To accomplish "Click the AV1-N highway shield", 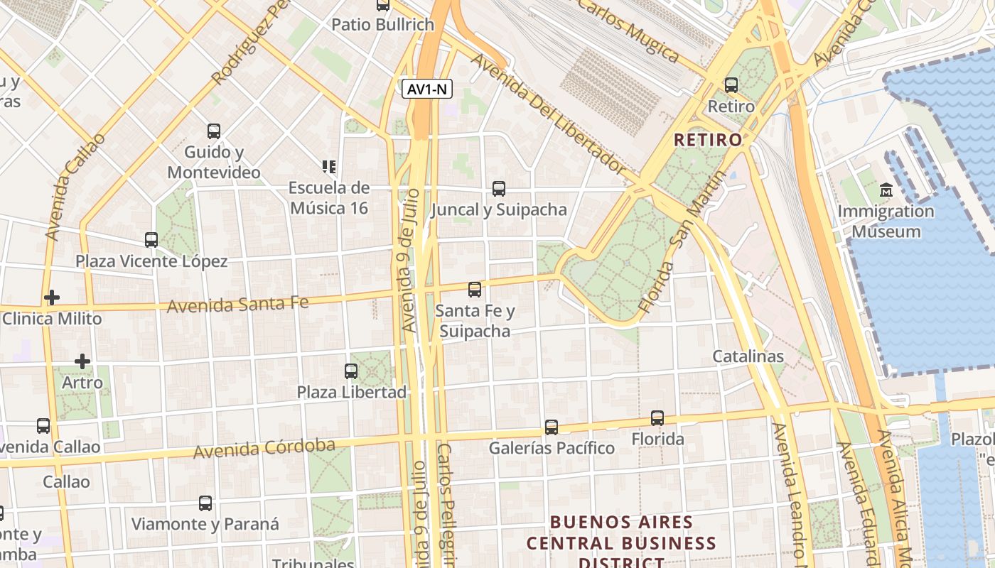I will point(427,89).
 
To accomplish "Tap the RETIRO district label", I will point(708,139).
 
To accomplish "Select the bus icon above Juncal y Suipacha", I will point(499,189).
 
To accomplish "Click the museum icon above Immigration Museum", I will point(886,190).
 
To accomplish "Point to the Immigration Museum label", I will point(886,222).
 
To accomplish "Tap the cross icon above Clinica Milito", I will point(51,297).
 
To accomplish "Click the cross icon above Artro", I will point(82,361).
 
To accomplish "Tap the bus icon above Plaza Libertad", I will point(351,371).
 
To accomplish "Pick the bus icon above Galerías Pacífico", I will point(552,427).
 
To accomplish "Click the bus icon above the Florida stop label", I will point(657,418).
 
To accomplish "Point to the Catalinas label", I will point(748,356).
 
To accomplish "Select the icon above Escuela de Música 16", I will point(328,167).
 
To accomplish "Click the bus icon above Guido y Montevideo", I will point(214,131).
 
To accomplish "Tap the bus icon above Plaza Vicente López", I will point(151,240).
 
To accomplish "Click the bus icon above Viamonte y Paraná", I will point(205,503).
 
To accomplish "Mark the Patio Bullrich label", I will point(383,25).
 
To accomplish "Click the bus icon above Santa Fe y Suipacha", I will point(475,290).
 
